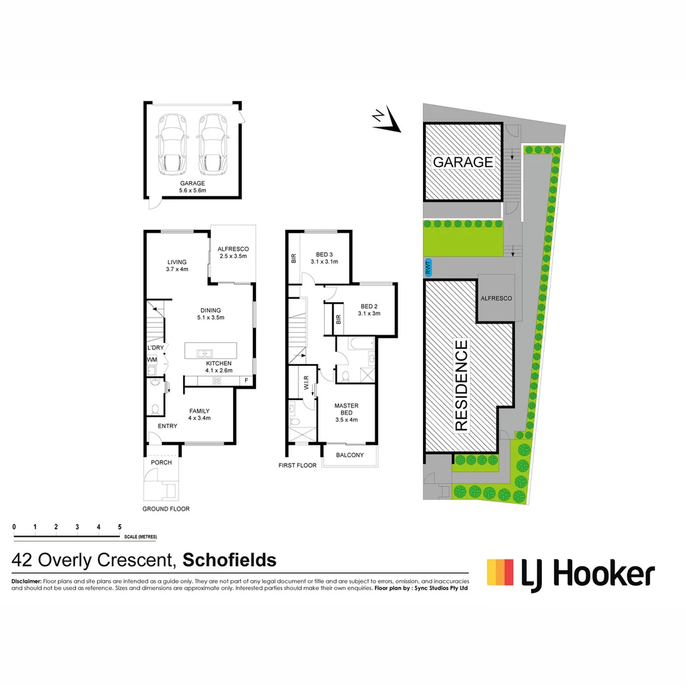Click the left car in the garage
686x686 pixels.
172,144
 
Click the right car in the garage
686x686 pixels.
213,144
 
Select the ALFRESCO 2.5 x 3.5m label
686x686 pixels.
232,252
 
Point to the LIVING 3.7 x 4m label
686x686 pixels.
177,266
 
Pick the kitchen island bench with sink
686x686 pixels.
210,351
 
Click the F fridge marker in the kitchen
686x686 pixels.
246,380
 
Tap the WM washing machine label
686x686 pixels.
152,360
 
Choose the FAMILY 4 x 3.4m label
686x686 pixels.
199,414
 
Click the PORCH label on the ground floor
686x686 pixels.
161,462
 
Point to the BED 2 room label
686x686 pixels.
369,309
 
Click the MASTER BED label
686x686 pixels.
347,412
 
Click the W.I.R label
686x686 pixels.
306,386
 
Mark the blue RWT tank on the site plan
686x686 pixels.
428,267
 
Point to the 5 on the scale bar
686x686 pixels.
119,526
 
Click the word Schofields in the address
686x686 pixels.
230,560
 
